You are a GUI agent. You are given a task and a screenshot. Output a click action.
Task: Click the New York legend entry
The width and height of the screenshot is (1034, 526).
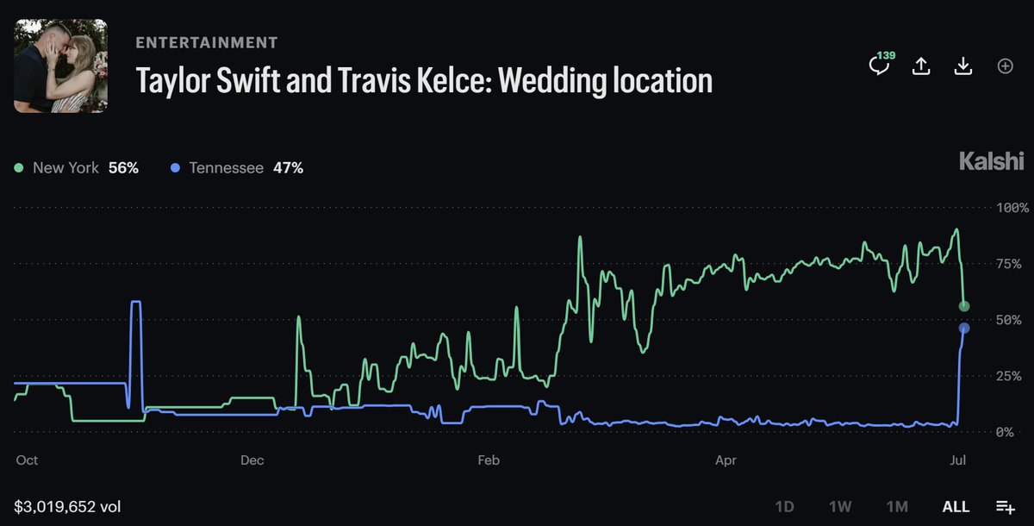pyautogui.click(x=77, y=167)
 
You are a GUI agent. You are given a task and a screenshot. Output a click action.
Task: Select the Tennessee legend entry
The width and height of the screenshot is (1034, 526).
pyautogui.click(x=237, y=167)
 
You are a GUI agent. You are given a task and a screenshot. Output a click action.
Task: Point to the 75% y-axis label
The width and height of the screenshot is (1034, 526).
pyautogui.click(x=1009, y=264)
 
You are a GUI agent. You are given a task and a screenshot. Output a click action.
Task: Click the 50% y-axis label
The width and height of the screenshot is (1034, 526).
pyautogui.click(x=1009, y=320)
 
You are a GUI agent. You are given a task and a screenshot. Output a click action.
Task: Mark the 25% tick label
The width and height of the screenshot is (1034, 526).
pyautogui.click(x=1009, y=376)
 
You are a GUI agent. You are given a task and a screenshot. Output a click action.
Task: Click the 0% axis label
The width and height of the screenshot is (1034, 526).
pyautogui.click(x=1005, y=432)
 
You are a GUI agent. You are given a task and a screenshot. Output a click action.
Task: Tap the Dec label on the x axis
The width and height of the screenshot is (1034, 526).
pyautogui.click(x=252, y=460)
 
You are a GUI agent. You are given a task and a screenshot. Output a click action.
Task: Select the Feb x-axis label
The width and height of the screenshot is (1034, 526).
pyautogui.click(x=489, y=460)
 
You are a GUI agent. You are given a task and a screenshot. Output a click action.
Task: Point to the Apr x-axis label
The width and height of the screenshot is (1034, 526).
pyautogui.click(x=726, y=460)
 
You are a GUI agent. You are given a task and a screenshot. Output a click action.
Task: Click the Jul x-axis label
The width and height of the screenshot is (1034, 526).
pyautogui.click(x=958, y=460)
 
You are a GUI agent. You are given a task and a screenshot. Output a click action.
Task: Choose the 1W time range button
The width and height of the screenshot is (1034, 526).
pyautogui.click(x=840, y=507)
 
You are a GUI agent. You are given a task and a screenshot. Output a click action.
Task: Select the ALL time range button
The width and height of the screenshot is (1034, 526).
pyautogui.click(x=956, y=507)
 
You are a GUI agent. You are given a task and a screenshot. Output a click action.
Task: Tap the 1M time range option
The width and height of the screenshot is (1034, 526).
pyautogui.click(x=897, y=507)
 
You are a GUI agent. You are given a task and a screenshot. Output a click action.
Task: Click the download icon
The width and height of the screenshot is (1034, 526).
pyautogui.click(x=963, y=66)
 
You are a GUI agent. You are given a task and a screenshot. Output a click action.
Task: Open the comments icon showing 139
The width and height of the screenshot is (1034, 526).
pyautogui.click(x=880, y=64)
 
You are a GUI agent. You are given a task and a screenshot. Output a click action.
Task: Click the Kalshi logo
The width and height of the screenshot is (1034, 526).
pyautogui.click(x=992, y=160)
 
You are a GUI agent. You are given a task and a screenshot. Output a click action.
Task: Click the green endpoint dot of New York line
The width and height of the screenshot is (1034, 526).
pyautogui.click(x=964, y=306)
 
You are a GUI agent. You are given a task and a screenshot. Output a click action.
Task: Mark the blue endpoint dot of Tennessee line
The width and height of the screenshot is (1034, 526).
pyautogui.click(x=964, y=328)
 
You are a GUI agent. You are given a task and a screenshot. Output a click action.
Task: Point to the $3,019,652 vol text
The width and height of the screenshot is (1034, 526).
pyautogui.click(x=67, y=507)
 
